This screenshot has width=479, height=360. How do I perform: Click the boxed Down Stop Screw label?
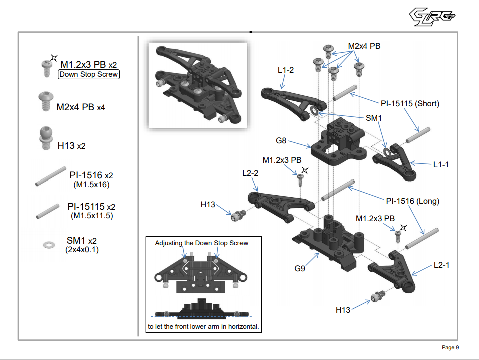point(89,74)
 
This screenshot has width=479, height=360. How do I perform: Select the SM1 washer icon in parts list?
point(49,244)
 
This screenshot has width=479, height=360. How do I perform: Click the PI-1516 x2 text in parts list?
point(91,175)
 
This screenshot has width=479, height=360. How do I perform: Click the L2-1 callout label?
point(441,265)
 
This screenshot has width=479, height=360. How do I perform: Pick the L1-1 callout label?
point(441,164)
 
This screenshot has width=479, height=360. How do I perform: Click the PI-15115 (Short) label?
point(409,104)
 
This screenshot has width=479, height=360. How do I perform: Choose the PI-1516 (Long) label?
point(412,201)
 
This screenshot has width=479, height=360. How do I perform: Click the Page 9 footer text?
point(450,347)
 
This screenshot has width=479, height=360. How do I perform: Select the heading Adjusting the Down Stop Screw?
point(201,243)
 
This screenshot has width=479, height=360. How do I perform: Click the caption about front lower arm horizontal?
point(203,326)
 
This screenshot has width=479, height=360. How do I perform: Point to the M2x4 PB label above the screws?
point(364,46)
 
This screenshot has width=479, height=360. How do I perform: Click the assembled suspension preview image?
point(198,85)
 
